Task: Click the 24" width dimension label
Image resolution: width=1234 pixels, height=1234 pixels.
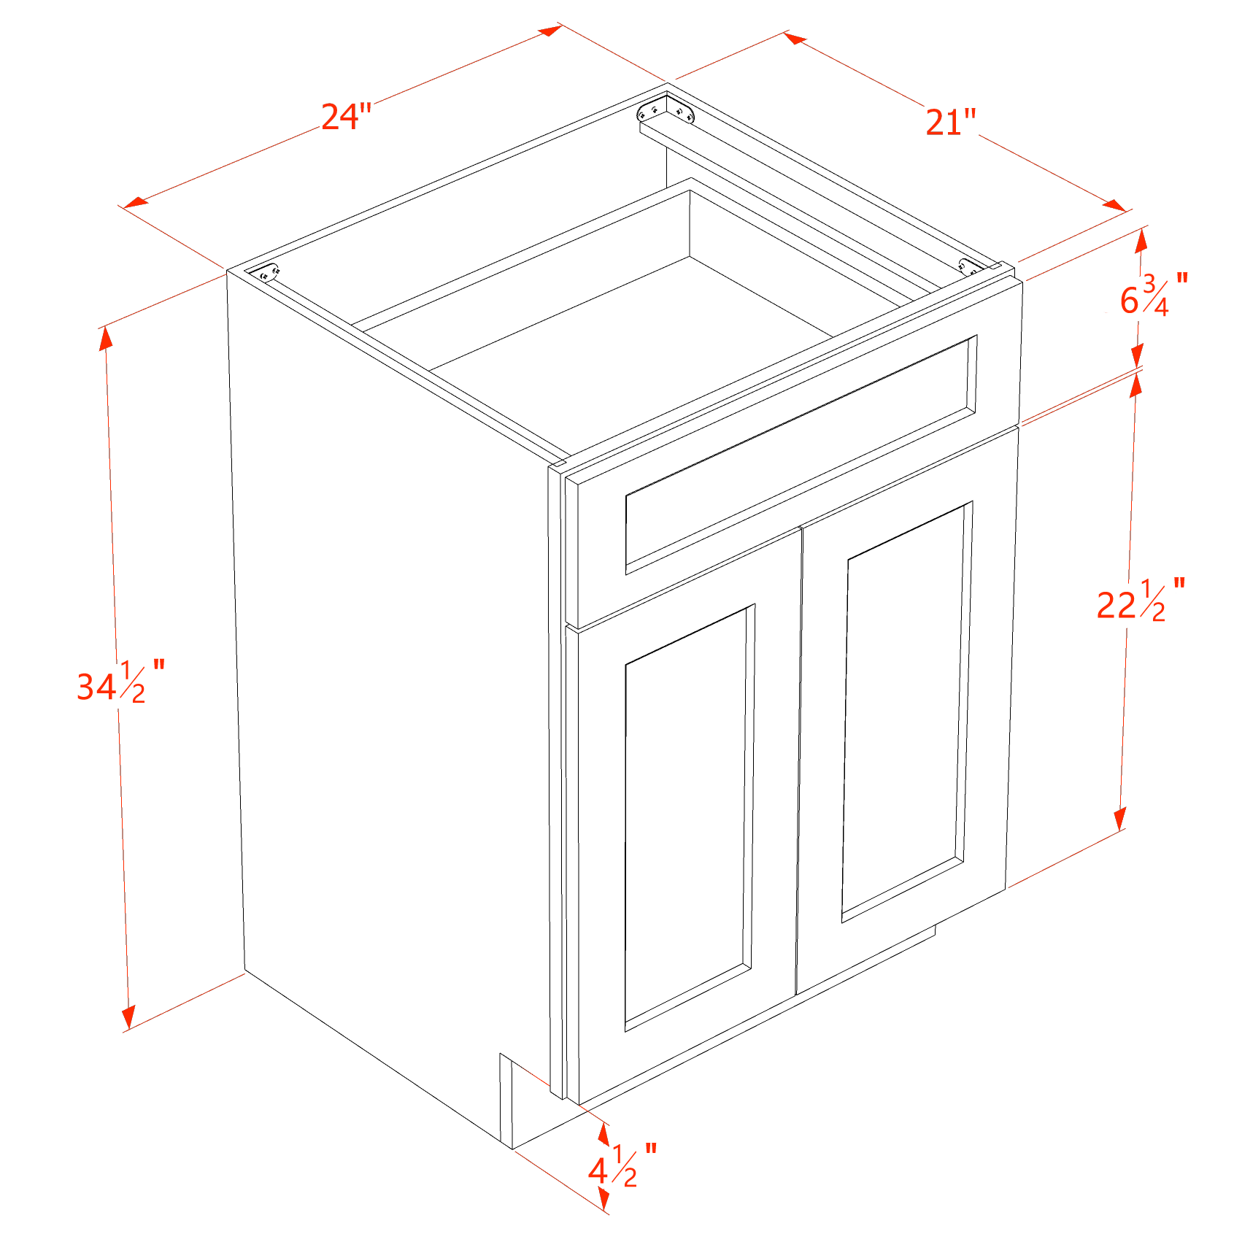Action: tap(346, 117)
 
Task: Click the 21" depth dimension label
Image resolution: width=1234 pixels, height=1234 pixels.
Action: tap(950, 122)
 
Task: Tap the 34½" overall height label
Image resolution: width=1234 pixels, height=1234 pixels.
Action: tap(120, 683)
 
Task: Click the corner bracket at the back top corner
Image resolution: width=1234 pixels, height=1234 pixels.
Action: tap(665, 112)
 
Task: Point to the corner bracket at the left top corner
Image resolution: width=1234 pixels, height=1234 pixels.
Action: tap(269, 274)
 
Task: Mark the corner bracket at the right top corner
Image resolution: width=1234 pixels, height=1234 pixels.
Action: tap(970, 267)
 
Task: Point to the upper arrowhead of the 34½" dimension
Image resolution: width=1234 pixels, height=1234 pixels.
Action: tap(107, 339)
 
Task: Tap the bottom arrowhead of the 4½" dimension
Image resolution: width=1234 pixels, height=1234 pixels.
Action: tap(603, 1196)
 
